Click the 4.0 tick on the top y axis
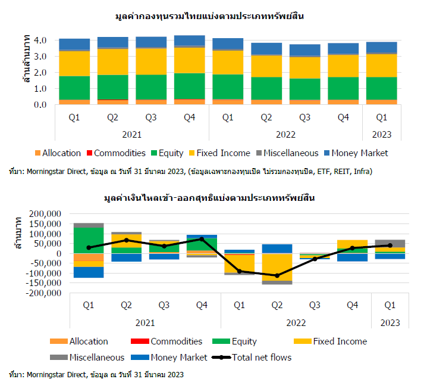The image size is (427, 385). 40,41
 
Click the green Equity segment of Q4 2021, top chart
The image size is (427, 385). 190,86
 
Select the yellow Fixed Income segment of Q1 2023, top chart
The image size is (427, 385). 382,66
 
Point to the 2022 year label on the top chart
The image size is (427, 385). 285,135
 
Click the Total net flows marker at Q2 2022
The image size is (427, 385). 277,275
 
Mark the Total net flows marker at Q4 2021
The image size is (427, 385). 202,239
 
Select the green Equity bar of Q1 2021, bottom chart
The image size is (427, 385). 89,240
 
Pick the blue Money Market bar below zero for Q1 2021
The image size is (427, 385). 89,272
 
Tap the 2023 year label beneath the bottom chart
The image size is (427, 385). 390,322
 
